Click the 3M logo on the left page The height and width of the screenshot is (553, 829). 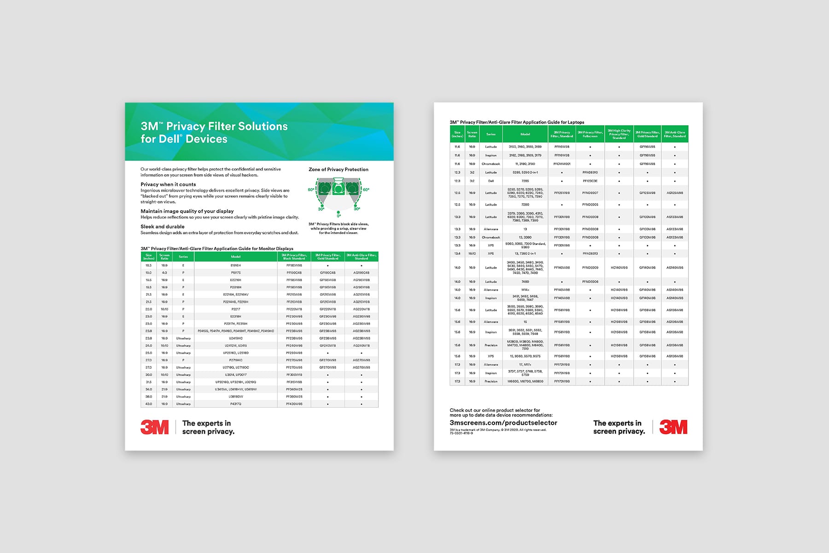pyautogui.click(x=154, y=427)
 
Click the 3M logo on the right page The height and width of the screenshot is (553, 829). pyautogui.click(x=673, y=427)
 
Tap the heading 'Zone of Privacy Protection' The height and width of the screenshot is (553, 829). pyautogui.click(x=339, y=170)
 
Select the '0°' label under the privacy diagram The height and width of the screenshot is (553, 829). pyautogui.click(x=339, y=216)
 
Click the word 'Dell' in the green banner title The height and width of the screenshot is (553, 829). pyautogui.click(x=169, y=139)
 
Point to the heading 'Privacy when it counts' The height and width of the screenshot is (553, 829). pyautogui.click(x=168, y=184)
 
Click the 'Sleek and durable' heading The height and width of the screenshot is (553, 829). pyautogui.click(x=163, y=227)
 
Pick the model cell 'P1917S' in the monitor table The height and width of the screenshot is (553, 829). pyautogui.click(x=236, y=273)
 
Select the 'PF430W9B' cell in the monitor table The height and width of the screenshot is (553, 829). pyautogui.click(x=294, y=404)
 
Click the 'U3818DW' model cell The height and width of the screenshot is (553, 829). pyautogui.click(x=236, y=397)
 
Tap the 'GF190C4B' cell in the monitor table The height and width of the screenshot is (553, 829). pyautogui.click(x=327, y=273)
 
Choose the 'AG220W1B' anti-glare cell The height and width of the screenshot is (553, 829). pyautogui.click(x=361, y=309)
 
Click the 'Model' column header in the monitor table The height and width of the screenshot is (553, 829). pyautogui.click(x=236, y=257)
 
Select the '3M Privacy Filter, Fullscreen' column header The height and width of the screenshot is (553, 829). pyautogui.click(x=590, y=134)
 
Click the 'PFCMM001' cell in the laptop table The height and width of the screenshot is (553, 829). pyautogui.click(x=562, y=164)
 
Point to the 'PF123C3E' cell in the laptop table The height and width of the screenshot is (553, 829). pyautogui.click(x=590, y=181)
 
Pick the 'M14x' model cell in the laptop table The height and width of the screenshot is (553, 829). pyautogui.click(x=525, y=290)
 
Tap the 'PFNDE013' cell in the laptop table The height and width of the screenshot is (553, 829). pyautogui.click(x=590, y=253)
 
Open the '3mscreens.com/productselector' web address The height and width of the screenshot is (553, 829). pyautogui.click(x=503, y=423)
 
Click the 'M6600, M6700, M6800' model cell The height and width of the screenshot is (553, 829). pyautogui.click(x=525, y=382)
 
